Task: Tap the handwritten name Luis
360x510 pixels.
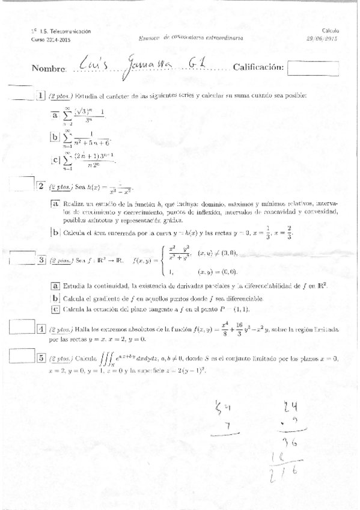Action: coord(92,64)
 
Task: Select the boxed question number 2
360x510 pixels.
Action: coord(41,186)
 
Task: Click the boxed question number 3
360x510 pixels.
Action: coord(41,260)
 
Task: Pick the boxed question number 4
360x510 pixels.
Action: coord(41,329)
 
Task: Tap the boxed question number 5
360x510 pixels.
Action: coord(41,358)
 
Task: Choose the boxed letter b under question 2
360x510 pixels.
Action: coord(55,232)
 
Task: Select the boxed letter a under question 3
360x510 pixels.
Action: coord(55,285)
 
